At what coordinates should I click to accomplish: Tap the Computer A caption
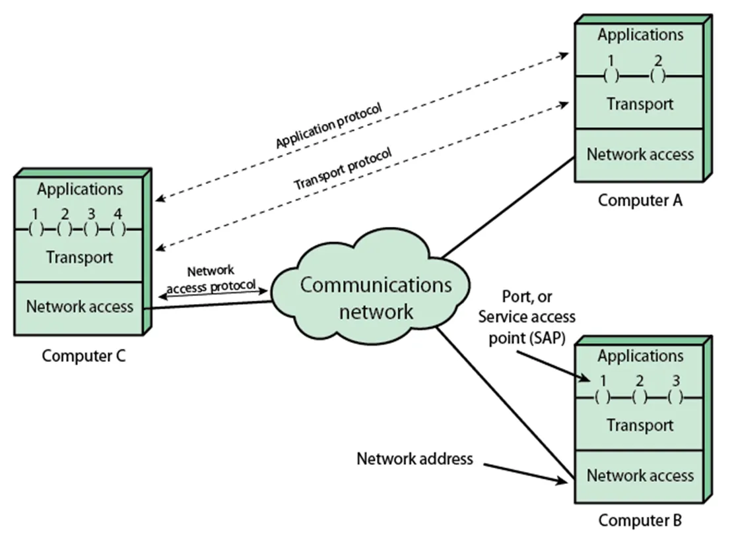[x=640, y=200]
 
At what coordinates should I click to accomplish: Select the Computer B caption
[x=640, y=520]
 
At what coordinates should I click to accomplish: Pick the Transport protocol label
[x=343, y=169]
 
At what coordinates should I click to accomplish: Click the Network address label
[x=415, y=458]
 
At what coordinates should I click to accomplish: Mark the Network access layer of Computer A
[x=640, y=155]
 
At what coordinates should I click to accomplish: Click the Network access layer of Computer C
[x=79, y=307]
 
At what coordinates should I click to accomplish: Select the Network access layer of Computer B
[x=640, y=475]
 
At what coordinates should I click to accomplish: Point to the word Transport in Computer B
[x=640, y=426]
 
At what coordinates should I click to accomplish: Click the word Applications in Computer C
[x=80, y=189]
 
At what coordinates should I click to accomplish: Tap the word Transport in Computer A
[x=640, y=104]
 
